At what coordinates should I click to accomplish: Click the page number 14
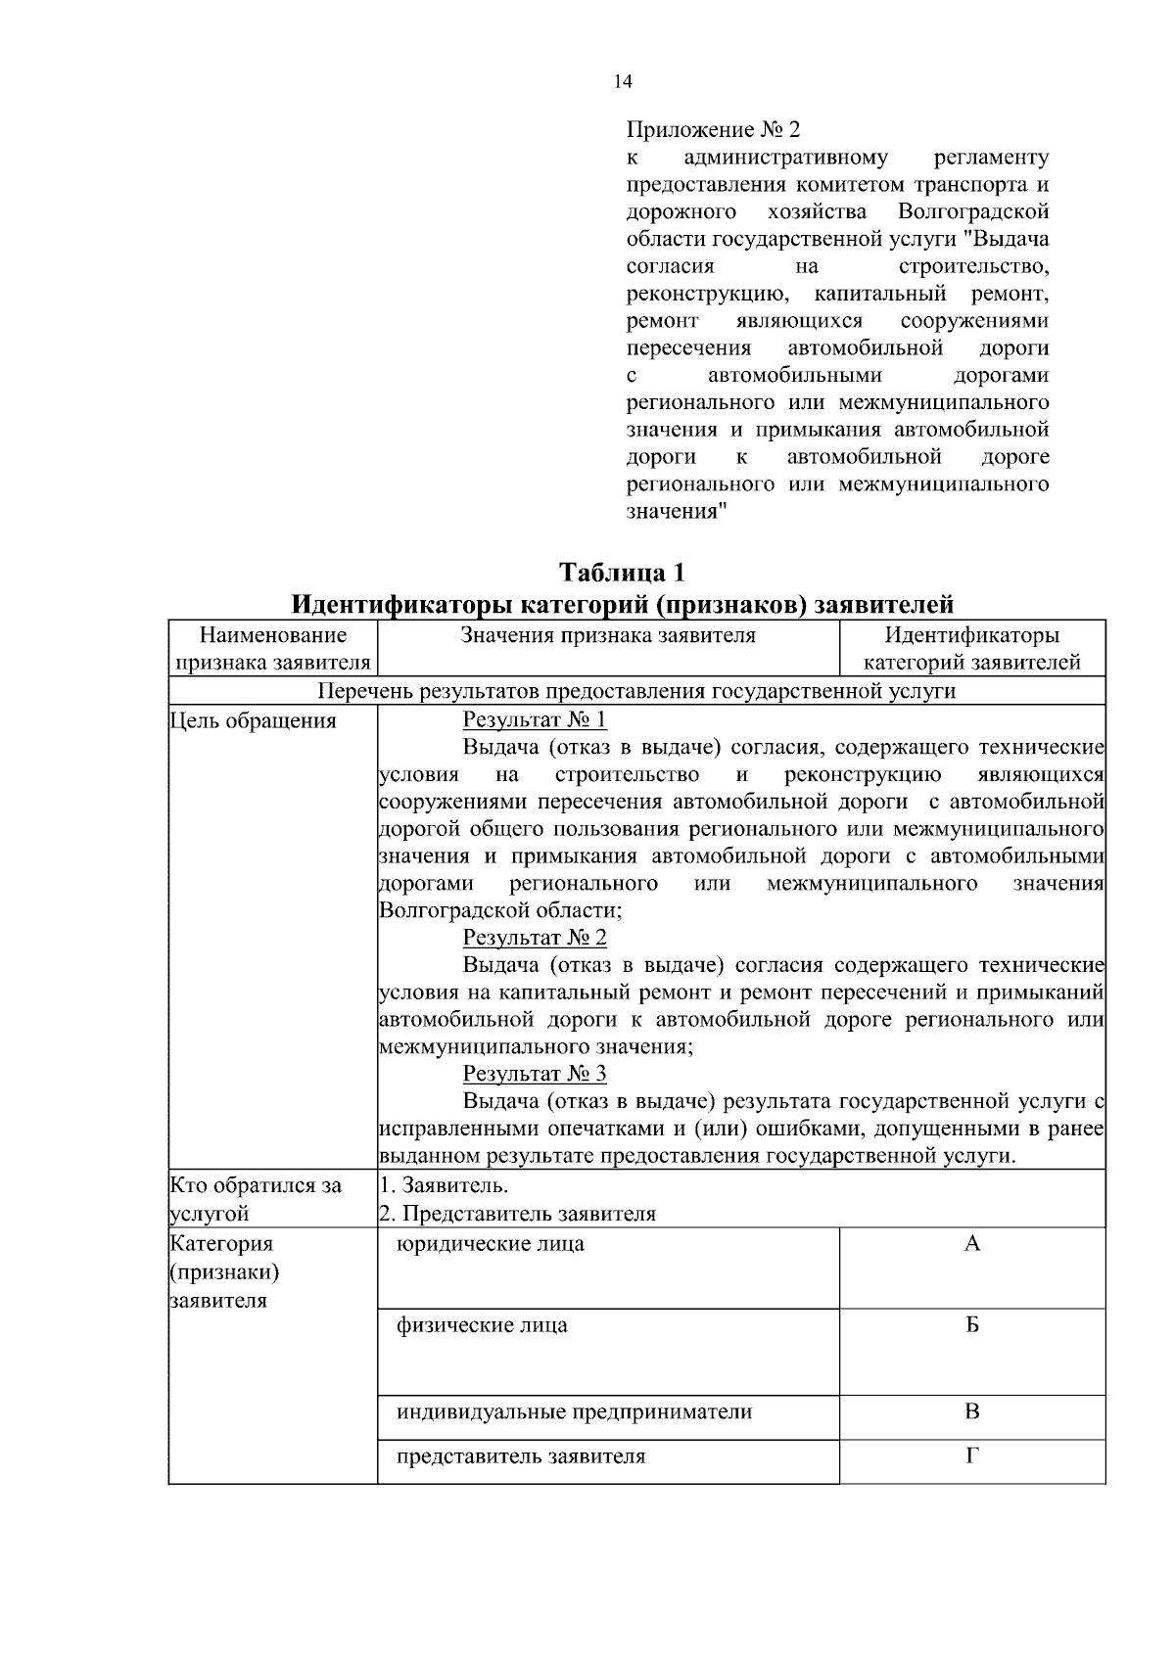(x=623, y=82)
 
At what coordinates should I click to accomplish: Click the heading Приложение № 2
(x=713, y=129)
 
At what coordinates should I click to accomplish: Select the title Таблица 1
(x=622, y=571)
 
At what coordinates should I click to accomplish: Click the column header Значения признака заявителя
(x=608, y=635)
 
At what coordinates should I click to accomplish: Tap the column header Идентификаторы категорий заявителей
(x=971, y=649)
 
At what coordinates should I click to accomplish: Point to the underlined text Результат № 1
(x=535, y=720)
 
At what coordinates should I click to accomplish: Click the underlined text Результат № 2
(x=535, y=938)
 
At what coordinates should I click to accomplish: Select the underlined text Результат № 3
(x=535, y=1074)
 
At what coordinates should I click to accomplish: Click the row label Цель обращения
(x=254, y=721)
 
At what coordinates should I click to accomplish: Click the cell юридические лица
(x=491, y=1244)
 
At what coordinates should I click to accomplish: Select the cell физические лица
(x=482, y=1326)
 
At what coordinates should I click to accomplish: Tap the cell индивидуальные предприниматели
(x=575, y=1412)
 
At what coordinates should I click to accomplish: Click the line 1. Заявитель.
(x=444, y=1185)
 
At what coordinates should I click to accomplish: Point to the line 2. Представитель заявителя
(x=517, y=1215)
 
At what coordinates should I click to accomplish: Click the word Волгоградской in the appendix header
(x=973, y=211)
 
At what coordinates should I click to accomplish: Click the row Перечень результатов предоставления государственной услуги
(x=636, y=691)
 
